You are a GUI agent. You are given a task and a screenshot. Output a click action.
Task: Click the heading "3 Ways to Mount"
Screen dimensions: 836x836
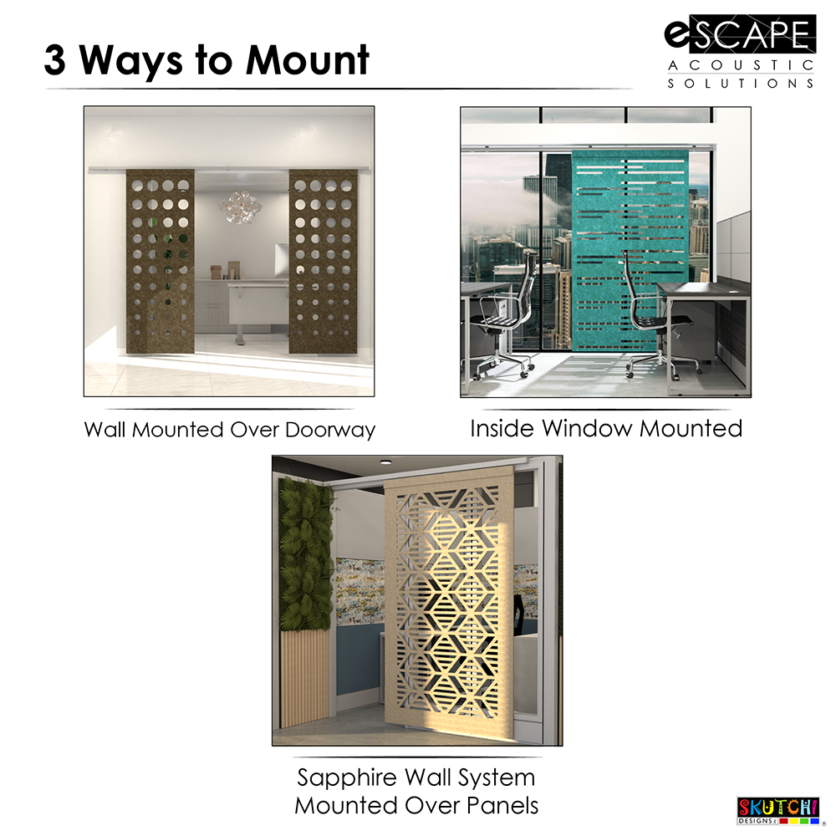[x=206, y=60]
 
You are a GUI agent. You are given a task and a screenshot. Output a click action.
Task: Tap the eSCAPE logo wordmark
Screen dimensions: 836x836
[x=739, y=35]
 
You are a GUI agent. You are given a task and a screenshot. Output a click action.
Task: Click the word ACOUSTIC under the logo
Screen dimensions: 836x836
[x=739, y=65]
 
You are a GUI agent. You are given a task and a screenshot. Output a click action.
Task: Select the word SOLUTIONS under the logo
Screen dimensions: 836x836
[x=739, y=84]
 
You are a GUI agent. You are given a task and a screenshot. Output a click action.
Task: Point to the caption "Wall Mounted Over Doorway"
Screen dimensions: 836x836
[x=229, y=430]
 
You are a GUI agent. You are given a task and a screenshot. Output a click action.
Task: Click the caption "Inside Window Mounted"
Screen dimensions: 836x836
[x=606, y=429]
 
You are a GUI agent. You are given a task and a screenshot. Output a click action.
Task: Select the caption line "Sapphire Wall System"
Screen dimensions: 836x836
[x=415, y=777]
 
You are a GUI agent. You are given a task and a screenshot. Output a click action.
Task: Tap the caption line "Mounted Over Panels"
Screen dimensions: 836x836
[x=415, y=806]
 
